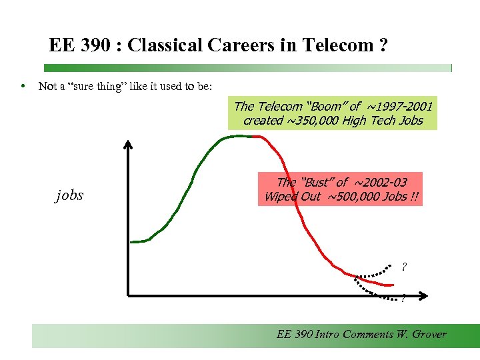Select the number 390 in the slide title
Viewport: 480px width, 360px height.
click(x=98, y=45)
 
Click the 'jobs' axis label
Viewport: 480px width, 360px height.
click(x=69, y=195)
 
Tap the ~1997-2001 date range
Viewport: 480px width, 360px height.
click(x=399, y=106)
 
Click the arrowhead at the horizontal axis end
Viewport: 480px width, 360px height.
click(x=432, y=295)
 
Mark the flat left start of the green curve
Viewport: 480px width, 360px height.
click(x=138, y=241)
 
